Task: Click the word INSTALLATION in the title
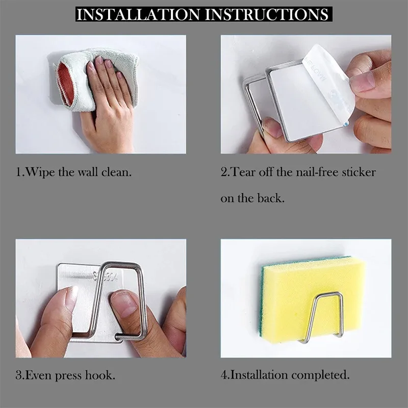[138, 15]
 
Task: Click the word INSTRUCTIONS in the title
[267, 15]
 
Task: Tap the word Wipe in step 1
[40, 172]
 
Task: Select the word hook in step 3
[99, 375]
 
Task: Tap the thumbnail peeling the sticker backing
[362, 82]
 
